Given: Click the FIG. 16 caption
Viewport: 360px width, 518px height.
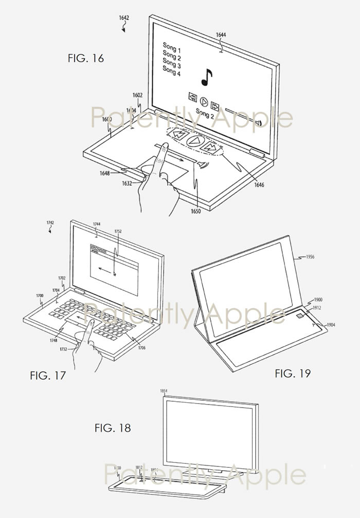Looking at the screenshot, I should coord(85,58).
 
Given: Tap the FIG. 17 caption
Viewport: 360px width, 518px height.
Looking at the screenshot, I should coord(48,376).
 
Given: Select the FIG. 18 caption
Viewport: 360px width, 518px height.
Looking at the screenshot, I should coord(113,428).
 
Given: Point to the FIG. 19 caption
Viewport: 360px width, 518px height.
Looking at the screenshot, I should coord(293,373).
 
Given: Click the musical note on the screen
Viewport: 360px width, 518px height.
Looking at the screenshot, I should coord(206,77).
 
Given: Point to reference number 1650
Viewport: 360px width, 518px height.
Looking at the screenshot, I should coord(194,211).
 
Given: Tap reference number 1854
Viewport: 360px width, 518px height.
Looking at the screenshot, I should coord(164,391).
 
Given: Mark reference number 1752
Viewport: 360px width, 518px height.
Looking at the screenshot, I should coord(118,232).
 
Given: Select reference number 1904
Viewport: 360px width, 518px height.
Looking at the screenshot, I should coord(329,325).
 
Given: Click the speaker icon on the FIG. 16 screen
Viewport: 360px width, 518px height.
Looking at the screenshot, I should coord(259,122).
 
